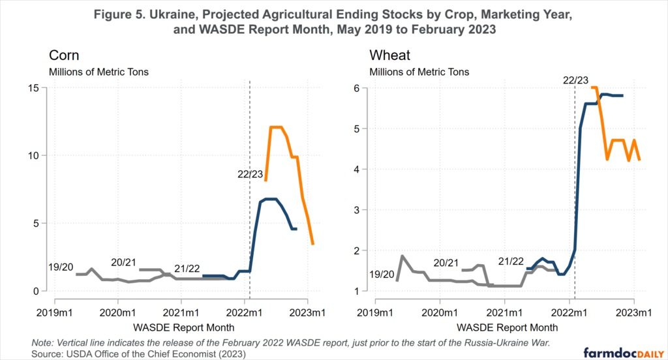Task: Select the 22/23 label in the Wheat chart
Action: (575, 80)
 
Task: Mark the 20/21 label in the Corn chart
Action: (124, 262)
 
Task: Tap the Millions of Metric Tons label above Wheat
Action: (419, 71)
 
